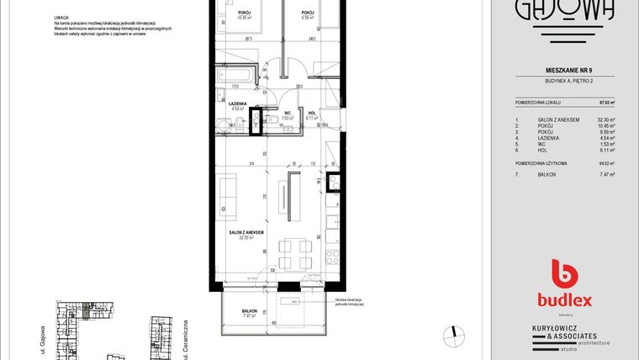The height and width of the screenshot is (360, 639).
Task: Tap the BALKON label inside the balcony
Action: click(x=249, y=311)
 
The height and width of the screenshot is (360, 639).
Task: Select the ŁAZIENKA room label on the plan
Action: click(x=237, y=103)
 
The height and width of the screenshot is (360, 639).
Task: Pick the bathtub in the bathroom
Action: click(x=239, y=74)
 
